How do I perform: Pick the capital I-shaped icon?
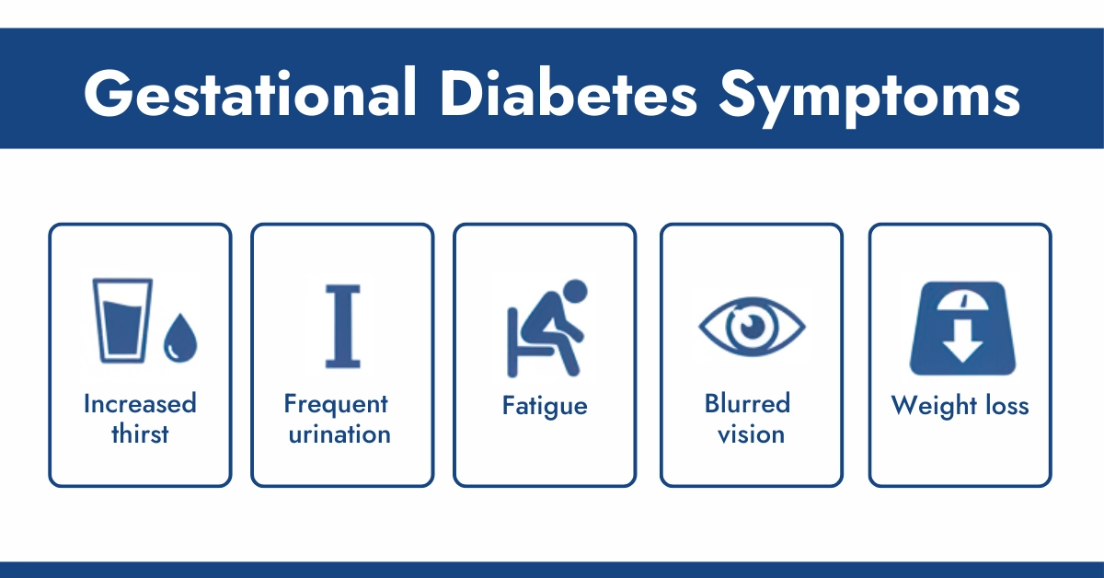point(340,325)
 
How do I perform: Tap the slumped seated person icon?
point(546,326)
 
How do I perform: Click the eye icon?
point(752,324)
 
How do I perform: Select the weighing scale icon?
point(960,327)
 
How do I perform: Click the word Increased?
point(140,404)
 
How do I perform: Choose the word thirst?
point(140,433)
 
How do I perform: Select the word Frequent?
point(337,405)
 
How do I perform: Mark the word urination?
point(339,433)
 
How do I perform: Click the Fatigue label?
point(545,406)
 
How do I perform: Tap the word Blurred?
point(747,404)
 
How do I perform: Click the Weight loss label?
point(960,406)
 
